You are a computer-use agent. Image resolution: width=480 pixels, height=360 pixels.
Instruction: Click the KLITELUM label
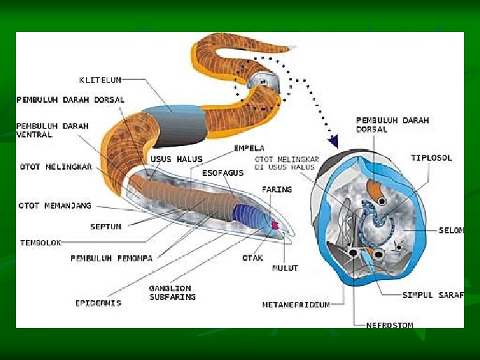[100, 80]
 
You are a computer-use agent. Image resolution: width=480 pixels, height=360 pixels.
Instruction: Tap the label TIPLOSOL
[431, 158]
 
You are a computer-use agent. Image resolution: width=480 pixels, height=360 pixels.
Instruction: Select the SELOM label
[451, 231]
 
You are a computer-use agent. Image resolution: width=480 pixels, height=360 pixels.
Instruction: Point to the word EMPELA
[249, 147]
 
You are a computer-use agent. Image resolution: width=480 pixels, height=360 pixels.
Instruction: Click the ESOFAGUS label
[223, 172]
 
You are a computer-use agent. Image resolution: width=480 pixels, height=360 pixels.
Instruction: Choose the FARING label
[277, 189]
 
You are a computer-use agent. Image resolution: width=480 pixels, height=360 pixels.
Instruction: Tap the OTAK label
[253, 257]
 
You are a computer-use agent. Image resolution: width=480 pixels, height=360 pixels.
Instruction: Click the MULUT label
[285, 268]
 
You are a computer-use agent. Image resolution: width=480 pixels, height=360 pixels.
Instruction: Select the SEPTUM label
[105, 227]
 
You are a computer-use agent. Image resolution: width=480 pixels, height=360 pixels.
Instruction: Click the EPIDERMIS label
[98, 303]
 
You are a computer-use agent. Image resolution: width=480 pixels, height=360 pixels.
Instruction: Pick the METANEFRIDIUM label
[296, 305]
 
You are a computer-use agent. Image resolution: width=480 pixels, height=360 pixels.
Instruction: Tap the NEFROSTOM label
[389, 325]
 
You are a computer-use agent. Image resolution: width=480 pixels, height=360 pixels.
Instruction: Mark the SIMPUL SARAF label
[433, 295]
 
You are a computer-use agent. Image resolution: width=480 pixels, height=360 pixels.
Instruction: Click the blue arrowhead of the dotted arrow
[333, 141]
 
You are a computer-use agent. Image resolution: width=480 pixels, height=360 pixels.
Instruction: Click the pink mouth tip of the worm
[274, 227]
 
